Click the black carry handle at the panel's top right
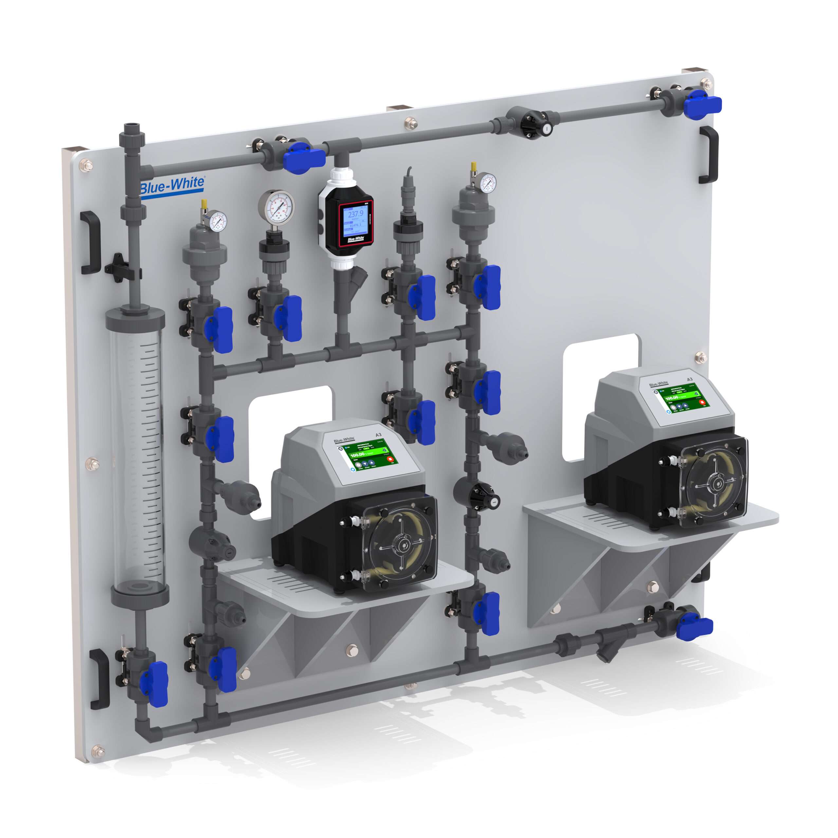pyautogui.click(x=708, y=155)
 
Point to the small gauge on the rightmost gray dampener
pyautogui.click(x=488, y=183)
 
